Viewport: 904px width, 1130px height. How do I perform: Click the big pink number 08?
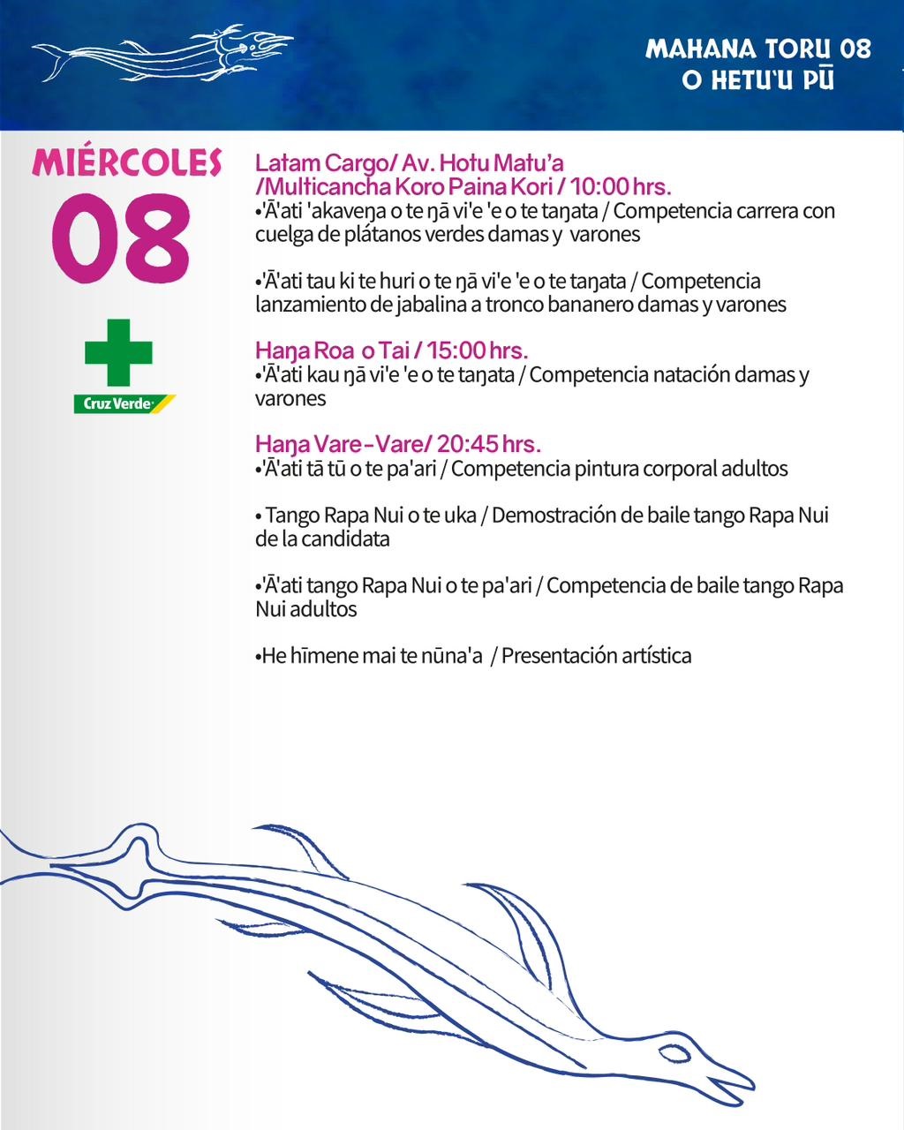(121, 240)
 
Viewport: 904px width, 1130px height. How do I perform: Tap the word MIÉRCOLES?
(126, 162)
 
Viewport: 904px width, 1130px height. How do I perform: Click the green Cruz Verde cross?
(119, 352)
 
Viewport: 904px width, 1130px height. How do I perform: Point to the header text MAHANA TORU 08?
(758, 49)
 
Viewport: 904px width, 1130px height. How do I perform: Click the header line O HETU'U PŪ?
(758, 79)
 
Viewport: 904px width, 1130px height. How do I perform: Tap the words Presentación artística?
(596, 656)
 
